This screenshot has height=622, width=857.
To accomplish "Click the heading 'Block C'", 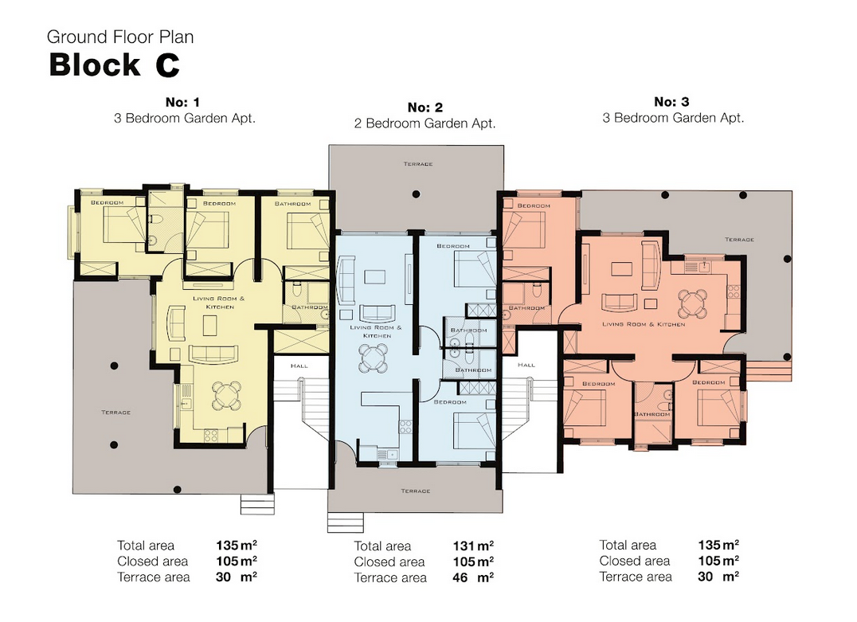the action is click(114, 65).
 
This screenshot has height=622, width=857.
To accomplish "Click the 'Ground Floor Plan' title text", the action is click(120, 37).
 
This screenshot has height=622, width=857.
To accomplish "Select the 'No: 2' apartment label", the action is click(425, 108).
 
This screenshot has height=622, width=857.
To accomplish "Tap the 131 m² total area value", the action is click(473, 546).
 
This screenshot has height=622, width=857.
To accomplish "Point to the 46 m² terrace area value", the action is click(473, 577).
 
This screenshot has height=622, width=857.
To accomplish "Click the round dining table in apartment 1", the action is click(227, 396).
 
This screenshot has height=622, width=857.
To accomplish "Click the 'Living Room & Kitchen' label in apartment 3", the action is click(644, 324).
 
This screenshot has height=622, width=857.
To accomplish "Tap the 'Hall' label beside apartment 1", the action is click(299, 366).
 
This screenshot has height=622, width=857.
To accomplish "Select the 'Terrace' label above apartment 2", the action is click(418, 164).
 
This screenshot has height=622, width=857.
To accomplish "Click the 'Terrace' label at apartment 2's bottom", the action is click(416, 491).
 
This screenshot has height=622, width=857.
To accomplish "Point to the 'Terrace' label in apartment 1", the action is click(115, 412).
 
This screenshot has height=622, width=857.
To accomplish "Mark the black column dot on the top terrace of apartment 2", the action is click(416, 194).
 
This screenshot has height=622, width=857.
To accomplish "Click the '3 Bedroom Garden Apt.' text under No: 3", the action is click(673, 118).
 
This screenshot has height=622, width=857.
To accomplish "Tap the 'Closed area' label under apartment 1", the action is click(152, 561).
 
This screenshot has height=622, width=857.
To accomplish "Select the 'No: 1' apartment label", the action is click(182, 102).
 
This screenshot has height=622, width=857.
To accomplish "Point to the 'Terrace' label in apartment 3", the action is click(739, 240).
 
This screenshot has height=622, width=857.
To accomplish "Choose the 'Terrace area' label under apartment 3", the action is click(636, 577).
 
